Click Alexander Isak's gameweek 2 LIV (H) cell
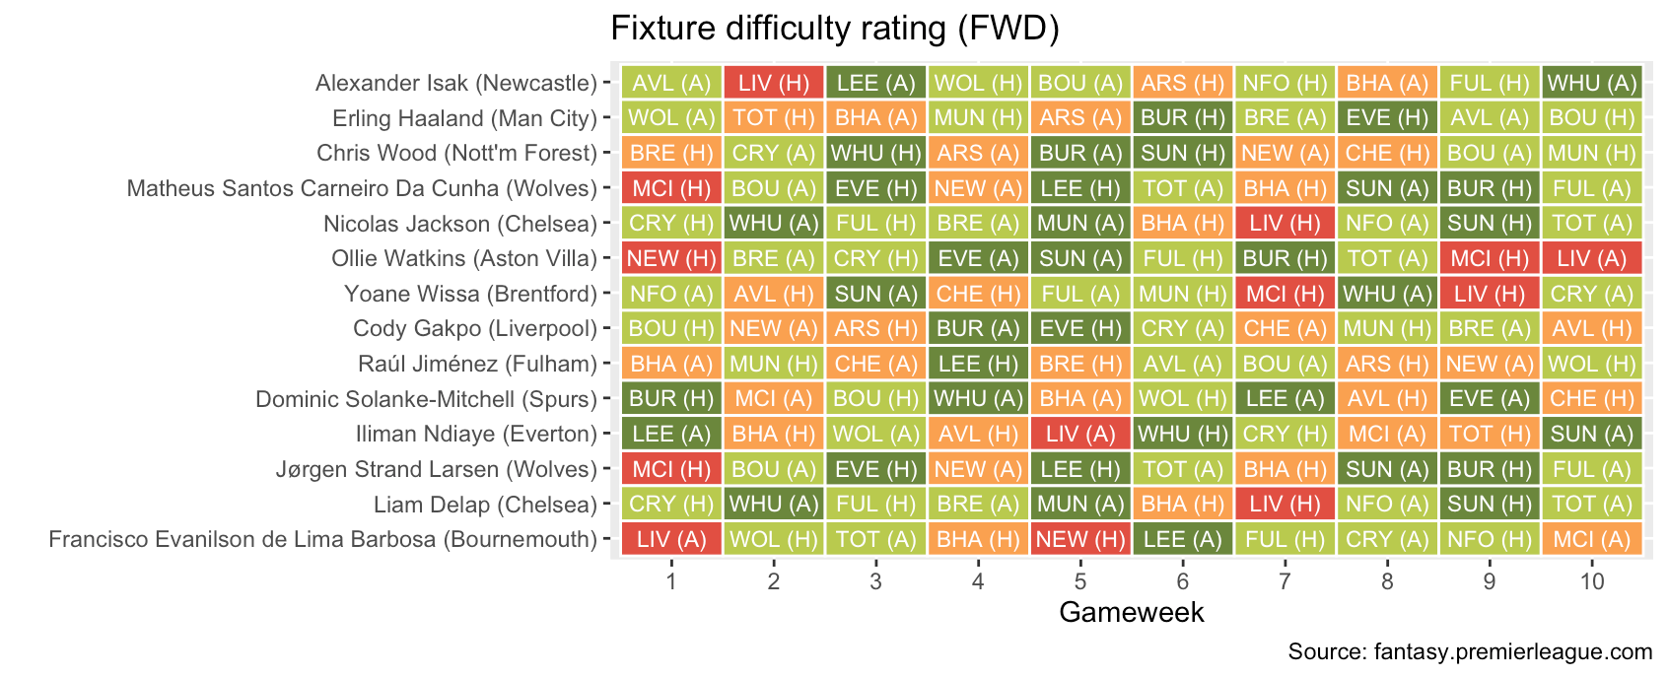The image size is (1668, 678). tap(774, 83)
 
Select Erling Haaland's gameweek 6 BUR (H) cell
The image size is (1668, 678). tap(1182, 118)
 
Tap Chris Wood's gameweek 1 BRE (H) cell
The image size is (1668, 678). tap(671, 153)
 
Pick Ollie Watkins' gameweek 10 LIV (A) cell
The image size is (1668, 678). tap(1591, 258)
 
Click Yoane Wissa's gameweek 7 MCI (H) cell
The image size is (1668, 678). tap(1285, 294)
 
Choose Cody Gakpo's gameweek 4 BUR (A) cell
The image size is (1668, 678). tap(978, 328)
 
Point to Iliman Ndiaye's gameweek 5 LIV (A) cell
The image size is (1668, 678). tap(1080, 434)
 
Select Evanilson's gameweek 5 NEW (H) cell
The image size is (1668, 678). tap(1080, 539)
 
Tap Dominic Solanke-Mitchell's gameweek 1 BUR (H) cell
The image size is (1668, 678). tap(671, 399)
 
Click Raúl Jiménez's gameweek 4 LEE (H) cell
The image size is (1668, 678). tap(978, 364)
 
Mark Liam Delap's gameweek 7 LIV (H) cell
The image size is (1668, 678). tap(1285, 505)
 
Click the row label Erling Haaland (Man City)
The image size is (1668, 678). tap(464, 118)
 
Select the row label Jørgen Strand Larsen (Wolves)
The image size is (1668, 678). tap(436, 469)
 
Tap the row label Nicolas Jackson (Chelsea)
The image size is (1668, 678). tap(459, 224)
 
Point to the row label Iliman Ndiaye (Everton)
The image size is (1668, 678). tap(476, 434)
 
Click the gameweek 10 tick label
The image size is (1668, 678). tap(1591, 581)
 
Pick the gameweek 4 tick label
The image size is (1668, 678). tap(978, 581)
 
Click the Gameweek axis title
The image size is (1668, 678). tap(1131, 612)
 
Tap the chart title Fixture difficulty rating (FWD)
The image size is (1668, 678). tap(834, 28)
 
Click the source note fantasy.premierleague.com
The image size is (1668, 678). tap(1469, 651)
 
